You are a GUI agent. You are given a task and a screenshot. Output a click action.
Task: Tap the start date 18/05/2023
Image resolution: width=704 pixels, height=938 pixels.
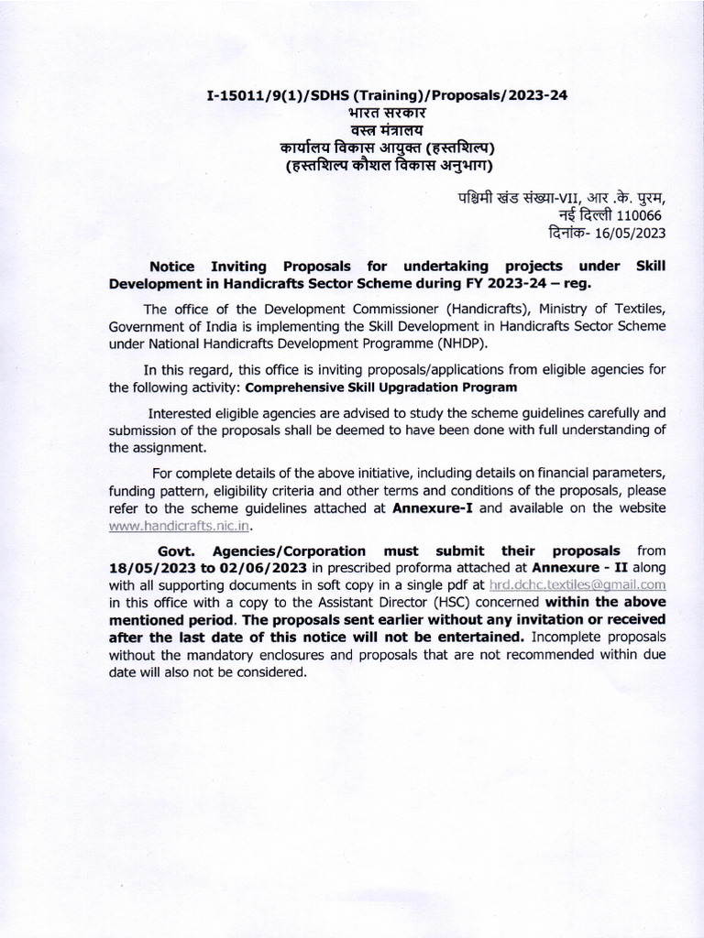point(148,568)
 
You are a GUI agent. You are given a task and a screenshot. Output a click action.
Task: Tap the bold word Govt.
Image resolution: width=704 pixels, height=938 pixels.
point(177,551)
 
